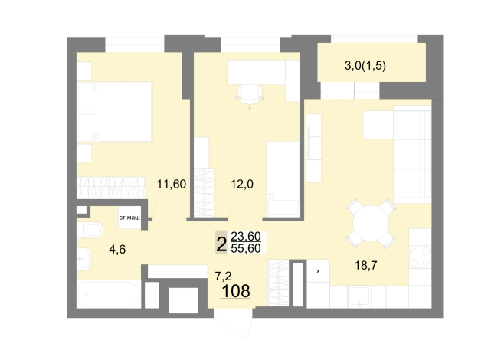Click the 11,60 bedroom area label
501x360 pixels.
pos(172,185)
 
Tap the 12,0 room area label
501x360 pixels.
pos(242,185)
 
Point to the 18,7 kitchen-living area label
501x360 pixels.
pos(366,265)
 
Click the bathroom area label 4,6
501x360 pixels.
pos(117,249)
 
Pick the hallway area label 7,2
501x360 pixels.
pos(224,276)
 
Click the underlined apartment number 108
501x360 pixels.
pos(236,291)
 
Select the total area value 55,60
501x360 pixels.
pos(246,248)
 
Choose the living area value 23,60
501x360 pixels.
pos(246,237)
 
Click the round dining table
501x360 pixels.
pos(371,224)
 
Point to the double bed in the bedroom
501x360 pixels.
pos(115,112)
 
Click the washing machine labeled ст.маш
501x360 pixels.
pos(129,218)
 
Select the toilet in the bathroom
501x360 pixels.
pos(90,230)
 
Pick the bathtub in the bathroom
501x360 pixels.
pos(109,294)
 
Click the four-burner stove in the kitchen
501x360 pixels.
pos(420,257)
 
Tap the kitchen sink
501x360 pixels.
pos(359,296)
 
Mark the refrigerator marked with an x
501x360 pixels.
pos(318,271)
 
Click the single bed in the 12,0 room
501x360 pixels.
pos(283,179)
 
